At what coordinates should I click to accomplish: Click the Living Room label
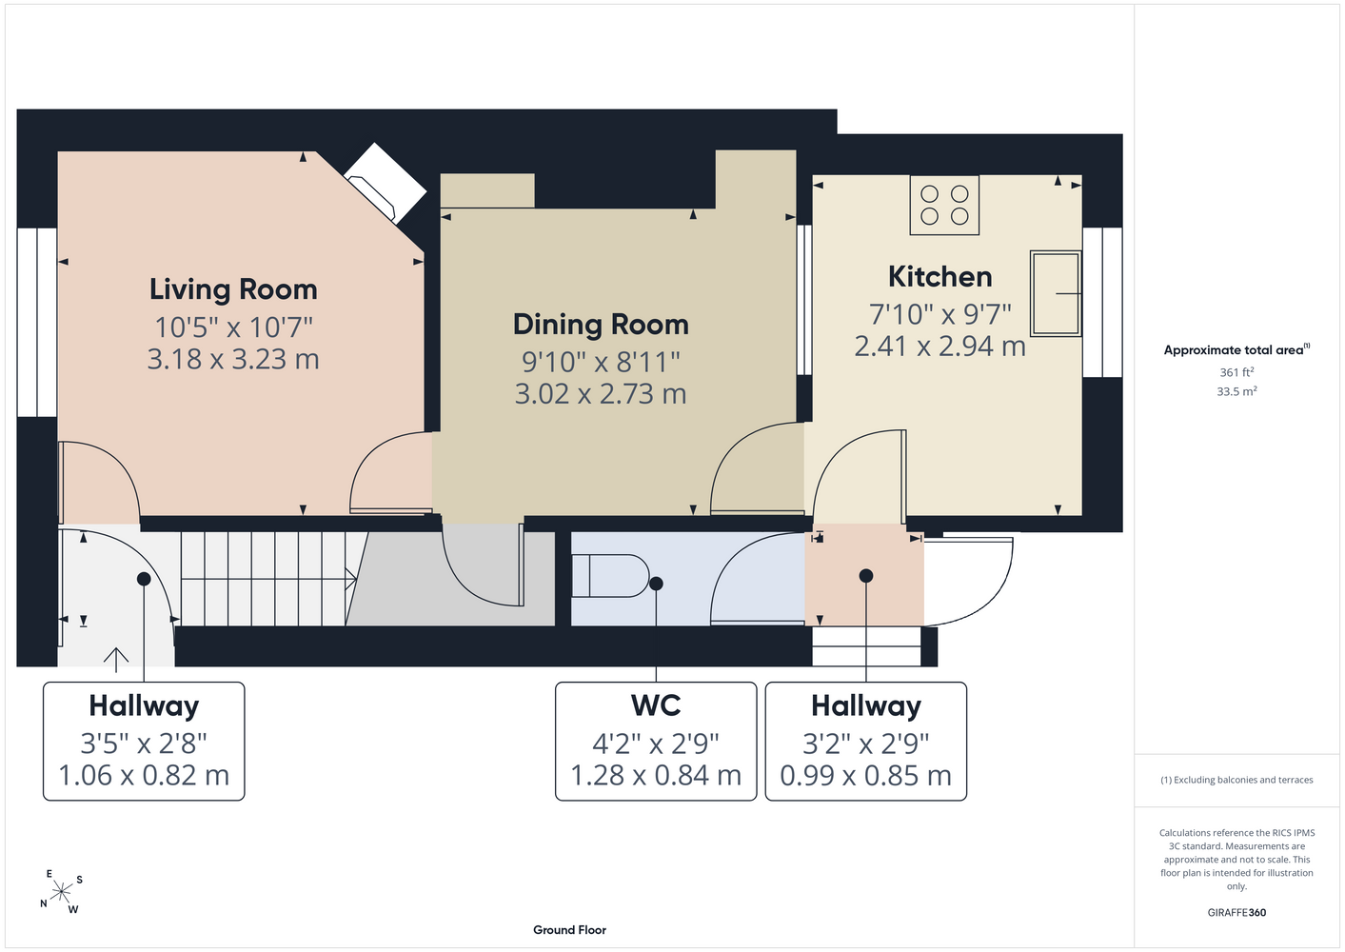(233, 289)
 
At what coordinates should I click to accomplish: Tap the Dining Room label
(601, 325)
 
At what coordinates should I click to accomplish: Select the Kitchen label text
(940, 277)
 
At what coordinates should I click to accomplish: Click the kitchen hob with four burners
(944, 205)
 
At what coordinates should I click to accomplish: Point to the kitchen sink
(1056, 293)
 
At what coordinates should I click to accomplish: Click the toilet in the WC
(610, 575)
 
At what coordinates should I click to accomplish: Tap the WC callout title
(656, 705)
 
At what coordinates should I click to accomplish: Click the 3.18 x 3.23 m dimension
(233, 359)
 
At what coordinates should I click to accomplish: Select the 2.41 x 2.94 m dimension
(940, 347)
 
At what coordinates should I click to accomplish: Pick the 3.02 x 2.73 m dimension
(601, 394)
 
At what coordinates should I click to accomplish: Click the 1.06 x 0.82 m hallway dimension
(144, 776)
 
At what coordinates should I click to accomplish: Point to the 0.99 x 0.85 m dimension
(866, 776)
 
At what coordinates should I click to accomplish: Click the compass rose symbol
(61, 892)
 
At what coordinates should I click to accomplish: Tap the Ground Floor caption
(570, 930)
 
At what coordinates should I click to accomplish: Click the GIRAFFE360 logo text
(1236, 912)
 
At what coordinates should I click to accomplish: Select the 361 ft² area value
(1236, 372)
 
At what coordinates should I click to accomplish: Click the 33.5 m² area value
(1236, 391)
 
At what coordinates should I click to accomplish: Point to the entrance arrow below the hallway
(115, 660)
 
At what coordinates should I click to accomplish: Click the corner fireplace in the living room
(385, 183)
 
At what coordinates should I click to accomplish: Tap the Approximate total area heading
(1236, 350)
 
